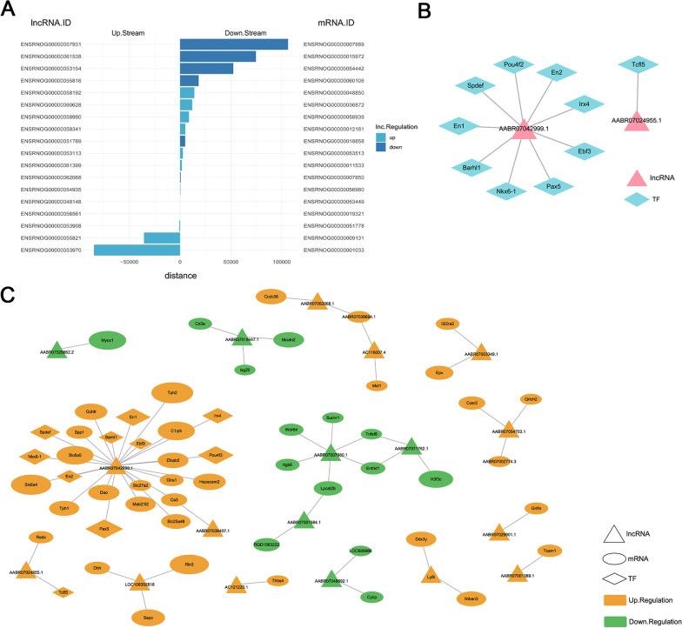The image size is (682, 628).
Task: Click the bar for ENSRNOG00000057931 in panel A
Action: (233, 44)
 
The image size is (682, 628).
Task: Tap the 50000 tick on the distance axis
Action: (231, 262)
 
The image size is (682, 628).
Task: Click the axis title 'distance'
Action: (180, 276)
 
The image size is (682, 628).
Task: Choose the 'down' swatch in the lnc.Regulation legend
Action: (381, 147)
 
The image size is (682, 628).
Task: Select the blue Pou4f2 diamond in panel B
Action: (506, 65)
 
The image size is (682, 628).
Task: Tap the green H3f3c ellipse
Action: (435, 477)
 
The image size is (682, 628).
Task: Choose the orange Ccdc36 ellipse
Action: (271, 297)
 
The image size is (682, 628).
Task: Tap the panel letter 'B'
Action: (449, 11)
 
